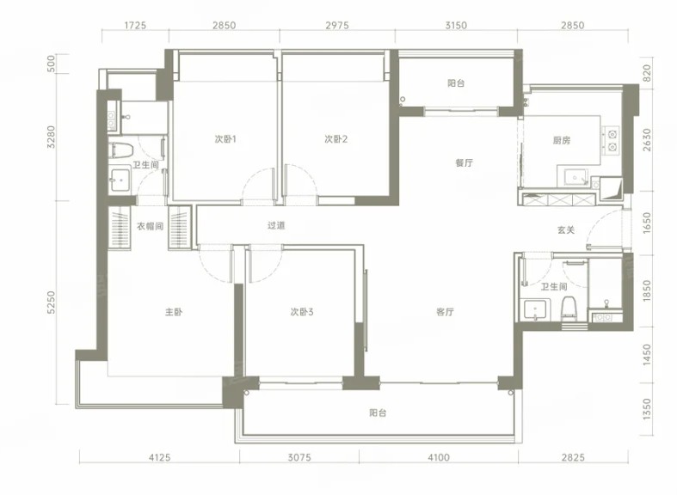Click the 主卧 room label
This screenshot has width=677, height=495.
174,311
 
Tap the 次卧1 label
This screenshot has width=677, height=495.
225,139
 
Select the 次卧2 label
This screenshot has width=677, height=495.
335,139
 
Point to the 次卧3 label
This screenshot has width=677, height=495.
302,311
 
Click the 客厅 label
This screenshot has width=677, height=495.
445,311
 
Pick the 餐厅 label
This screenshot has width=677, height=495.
465,162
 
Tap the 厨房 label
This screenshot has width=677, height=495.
561,140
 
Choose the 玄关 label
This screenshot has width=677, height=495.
566,230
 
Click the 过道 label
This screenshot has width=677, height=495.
276,225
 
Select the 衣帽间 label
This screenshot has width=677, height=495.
150,226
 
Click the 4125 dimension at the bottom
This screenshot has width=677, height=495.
160,457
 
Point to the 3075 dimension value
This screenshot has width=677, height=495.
299,457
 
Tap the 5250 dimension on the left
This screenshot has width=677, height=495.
51,302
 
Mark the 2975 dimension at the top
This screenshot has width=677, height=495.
337,25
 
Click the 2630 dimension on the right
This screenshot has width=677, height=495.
646,140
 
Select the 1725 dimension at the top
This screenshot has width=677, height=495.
135,25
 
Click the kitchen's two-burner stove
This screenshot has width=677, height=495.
612,141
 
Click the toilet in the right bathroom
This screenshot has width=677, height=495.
570,309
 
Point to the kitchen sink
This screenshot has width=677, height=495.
575,178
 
